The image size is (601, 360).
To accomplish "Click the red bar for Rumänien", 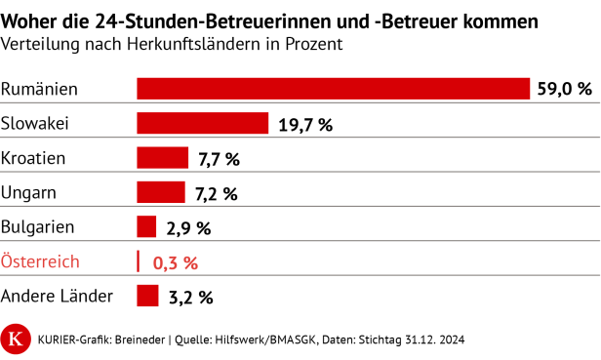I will point(332,89).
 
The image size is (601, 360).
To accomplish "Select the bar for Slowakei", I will point(202,123).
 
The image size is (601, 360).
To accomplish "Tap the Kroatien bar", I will point(162,158).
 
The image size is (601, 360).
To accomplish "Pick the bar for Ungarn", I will point(160,192).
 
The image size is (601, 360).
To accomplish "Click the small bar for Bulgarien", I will point(146,227).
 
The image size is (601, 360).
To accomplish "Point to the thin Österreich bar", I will point(139,261).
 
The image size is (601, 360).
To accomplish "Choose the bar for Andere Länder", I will point(147,296).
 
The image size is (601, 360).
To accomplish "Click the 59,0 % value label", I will point(564,89).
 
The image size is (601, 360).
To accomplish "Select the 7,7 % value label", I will point(219,158).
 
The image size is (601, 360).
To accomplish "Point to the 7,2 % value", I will point(216,193).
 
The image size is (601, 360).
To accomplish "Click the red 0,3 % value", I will point(176,262).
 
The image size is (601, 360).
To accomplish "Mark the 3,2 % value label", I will point(189,297).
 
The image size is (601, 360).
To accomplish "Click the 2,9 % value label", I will point(188,227).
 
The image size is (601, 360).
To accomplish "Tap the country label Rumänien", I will point(39,90).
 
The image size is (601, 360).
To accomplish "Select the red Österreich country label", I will point(40,261).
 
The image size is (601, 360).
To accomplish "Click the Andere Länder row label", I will point(58,296).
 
